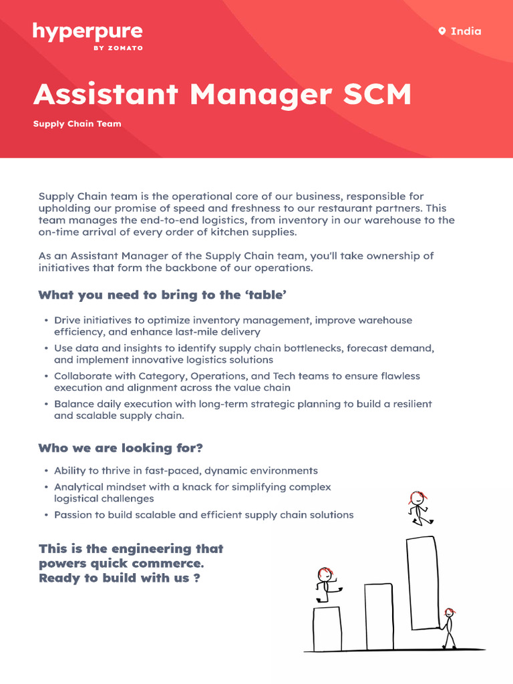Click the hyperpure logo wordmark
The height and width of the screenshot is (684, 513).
tap(88, 32)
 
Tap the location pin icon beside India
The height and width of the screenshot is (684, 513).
tap(442, 31)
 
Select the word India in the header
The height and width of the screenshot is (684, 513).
tap(466, 31)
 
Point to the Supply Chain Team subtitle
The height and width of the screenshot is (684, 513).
tap(77, 124)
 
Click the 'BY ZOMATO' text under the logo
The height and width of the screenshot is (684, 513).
tap(121, 48)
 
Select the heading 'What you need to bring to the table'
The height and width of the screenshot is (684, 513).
tap(166, 295)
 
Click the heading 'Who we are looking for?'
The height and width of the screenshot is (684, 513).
tap(120, 448)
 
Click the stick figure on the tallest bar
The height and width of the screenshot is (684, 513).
tap(419, 508)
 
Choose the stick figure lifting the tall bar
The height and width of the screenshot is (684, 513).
tap(449, 628)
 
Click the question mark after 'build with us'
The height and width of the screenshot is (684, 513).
tap(196, 578)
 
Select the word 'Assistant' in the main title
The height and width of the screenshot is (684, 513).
tap(107, 95)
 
